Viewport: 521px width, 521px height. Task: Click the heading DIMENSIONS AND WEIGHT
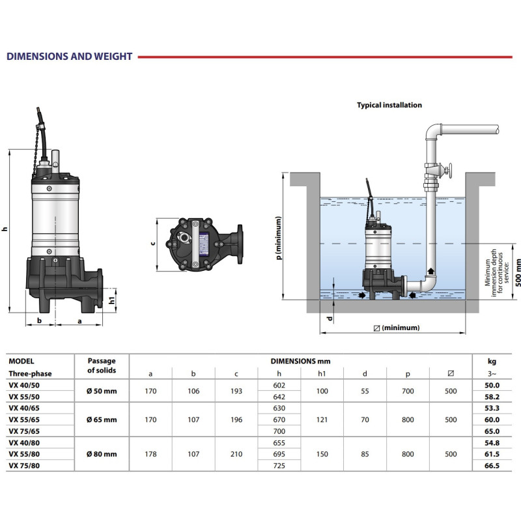tap(69, 57)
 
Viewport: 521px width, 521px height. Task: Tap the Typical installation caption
tap(389, 105)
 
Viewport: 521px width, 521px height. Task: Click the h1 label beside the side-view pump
tap(113, 300)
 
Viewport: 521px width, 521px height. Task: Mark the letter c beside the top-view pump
tap(152, 244)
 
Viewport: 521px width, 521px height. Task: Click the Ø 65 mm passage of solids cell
tap(102, 420)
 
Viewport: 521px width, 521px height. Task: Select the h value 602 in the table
tap(279, 386)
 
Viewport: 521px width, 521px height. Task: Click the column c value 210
tap(236, 454)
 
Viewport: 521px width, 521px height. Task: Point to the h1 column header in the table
tap(322, 374)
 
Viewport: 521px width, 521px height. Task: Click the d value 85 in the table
tap(365, 454)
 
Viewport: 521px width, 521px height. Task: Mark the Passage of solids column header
tap(102, 366)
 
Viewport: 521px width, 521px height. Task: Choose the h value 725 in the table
tap(279, 466)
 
